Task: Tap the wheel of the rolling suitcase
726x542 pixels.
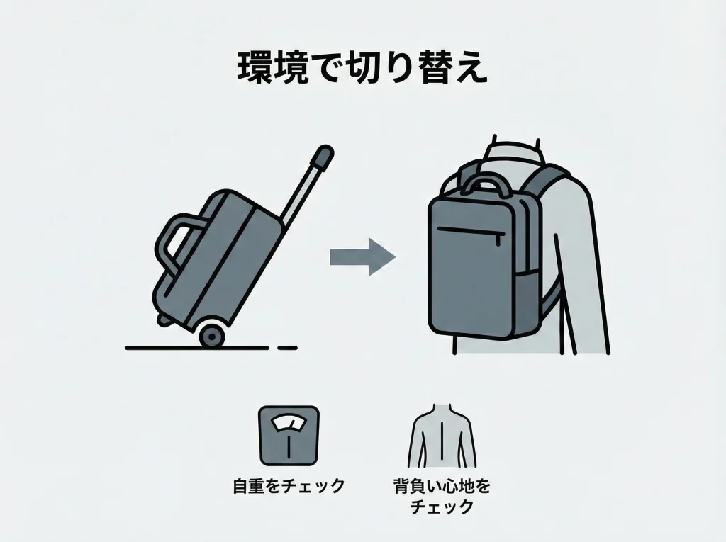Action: [212, 336]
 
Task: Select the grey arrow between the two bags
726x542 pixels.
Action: [362, 257]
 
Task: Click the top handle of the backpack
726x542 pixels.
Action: [487, 184]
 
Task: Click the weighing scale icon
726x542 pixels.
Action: [289, 436]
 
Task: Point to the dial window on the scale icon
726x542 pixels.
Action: [289, 424]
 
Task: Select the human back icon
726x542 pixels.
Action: [441, 436]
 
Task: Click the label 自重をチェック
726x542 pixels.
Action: [289, 487]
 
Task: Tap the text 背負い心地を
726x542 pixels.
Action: [442, 487]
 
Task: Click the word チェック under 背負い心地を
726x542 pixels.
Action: [442, 507]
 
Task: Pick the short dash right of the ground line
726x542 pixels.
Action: [287, 348]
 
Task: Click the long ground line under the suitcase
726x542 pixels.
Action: [197, 348]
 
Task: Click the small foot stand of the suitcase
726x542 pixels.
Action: [164, 320]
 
